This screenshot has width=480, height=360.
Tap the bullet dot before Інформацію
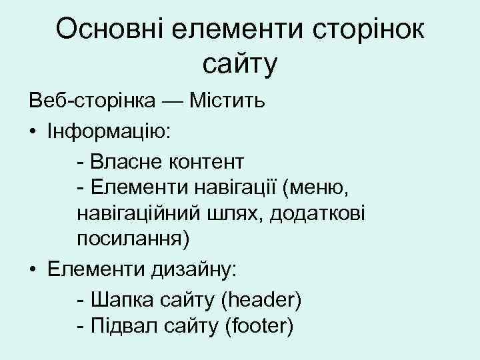[x=33, y=132]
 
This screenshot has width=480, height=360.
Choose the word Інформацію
[x=109, y=132]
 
